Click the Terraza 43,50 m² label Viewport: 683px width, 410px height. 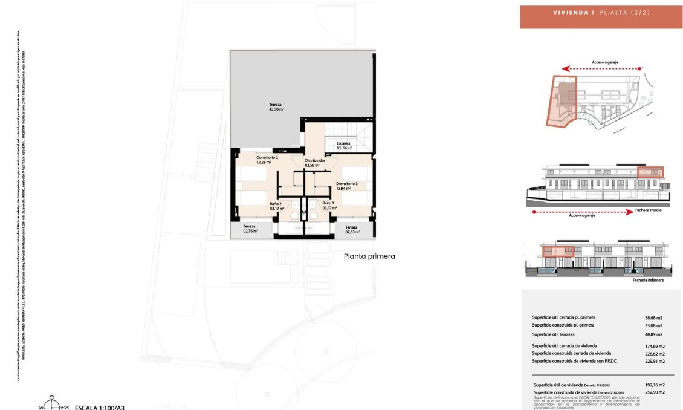coord(276,108)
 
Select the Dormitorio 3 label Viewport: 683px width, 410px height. coord(347,186)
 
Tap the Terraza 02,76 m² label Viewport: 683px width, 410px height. coord(250,229)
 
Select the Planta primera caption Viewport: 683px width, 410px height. coord(369,256)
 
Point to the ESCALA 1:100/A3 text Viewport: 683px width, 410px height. coord(100,408)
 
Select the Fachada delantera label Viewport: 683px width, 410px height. coord(648,280)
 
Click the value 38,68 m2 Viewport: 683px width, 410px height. coord(654,318)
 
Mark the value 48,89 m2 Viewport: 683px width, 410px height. coord(654,334)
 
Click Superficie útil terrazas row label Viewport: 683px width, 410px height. coord(560,334)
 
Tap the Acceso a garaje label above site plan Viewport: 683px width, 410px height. coord(605,62)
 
